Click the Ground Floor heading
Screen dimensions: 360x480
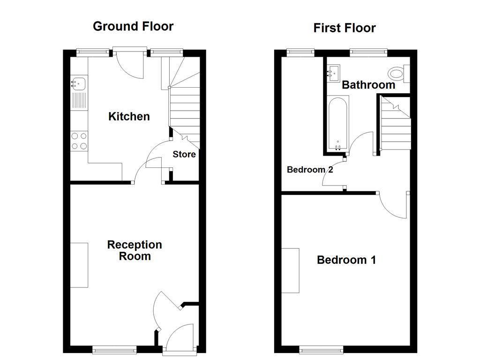133,26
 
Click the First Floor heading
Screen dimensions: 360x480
345,28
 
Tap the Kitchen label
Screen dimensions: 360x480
129,116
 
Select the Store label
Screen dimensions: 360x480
184,154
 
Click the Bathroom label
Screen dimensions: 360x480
368,85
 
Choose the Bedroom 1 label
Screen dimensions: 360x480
346,260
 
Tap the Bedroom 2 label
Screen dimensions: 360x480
310,170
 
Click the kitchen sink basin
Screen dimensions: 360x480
78,83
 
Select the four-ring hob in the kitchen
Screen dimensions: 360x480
78,141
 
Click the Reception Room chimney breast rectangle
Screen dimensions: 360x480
79,265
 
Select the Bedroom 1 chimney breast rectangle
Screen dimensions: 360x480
291,270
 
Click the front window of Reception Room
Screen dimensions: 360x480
114,349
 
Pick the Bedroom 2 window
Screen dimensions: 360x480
300,52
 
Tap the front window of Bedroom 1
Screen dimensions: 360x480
322,349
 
